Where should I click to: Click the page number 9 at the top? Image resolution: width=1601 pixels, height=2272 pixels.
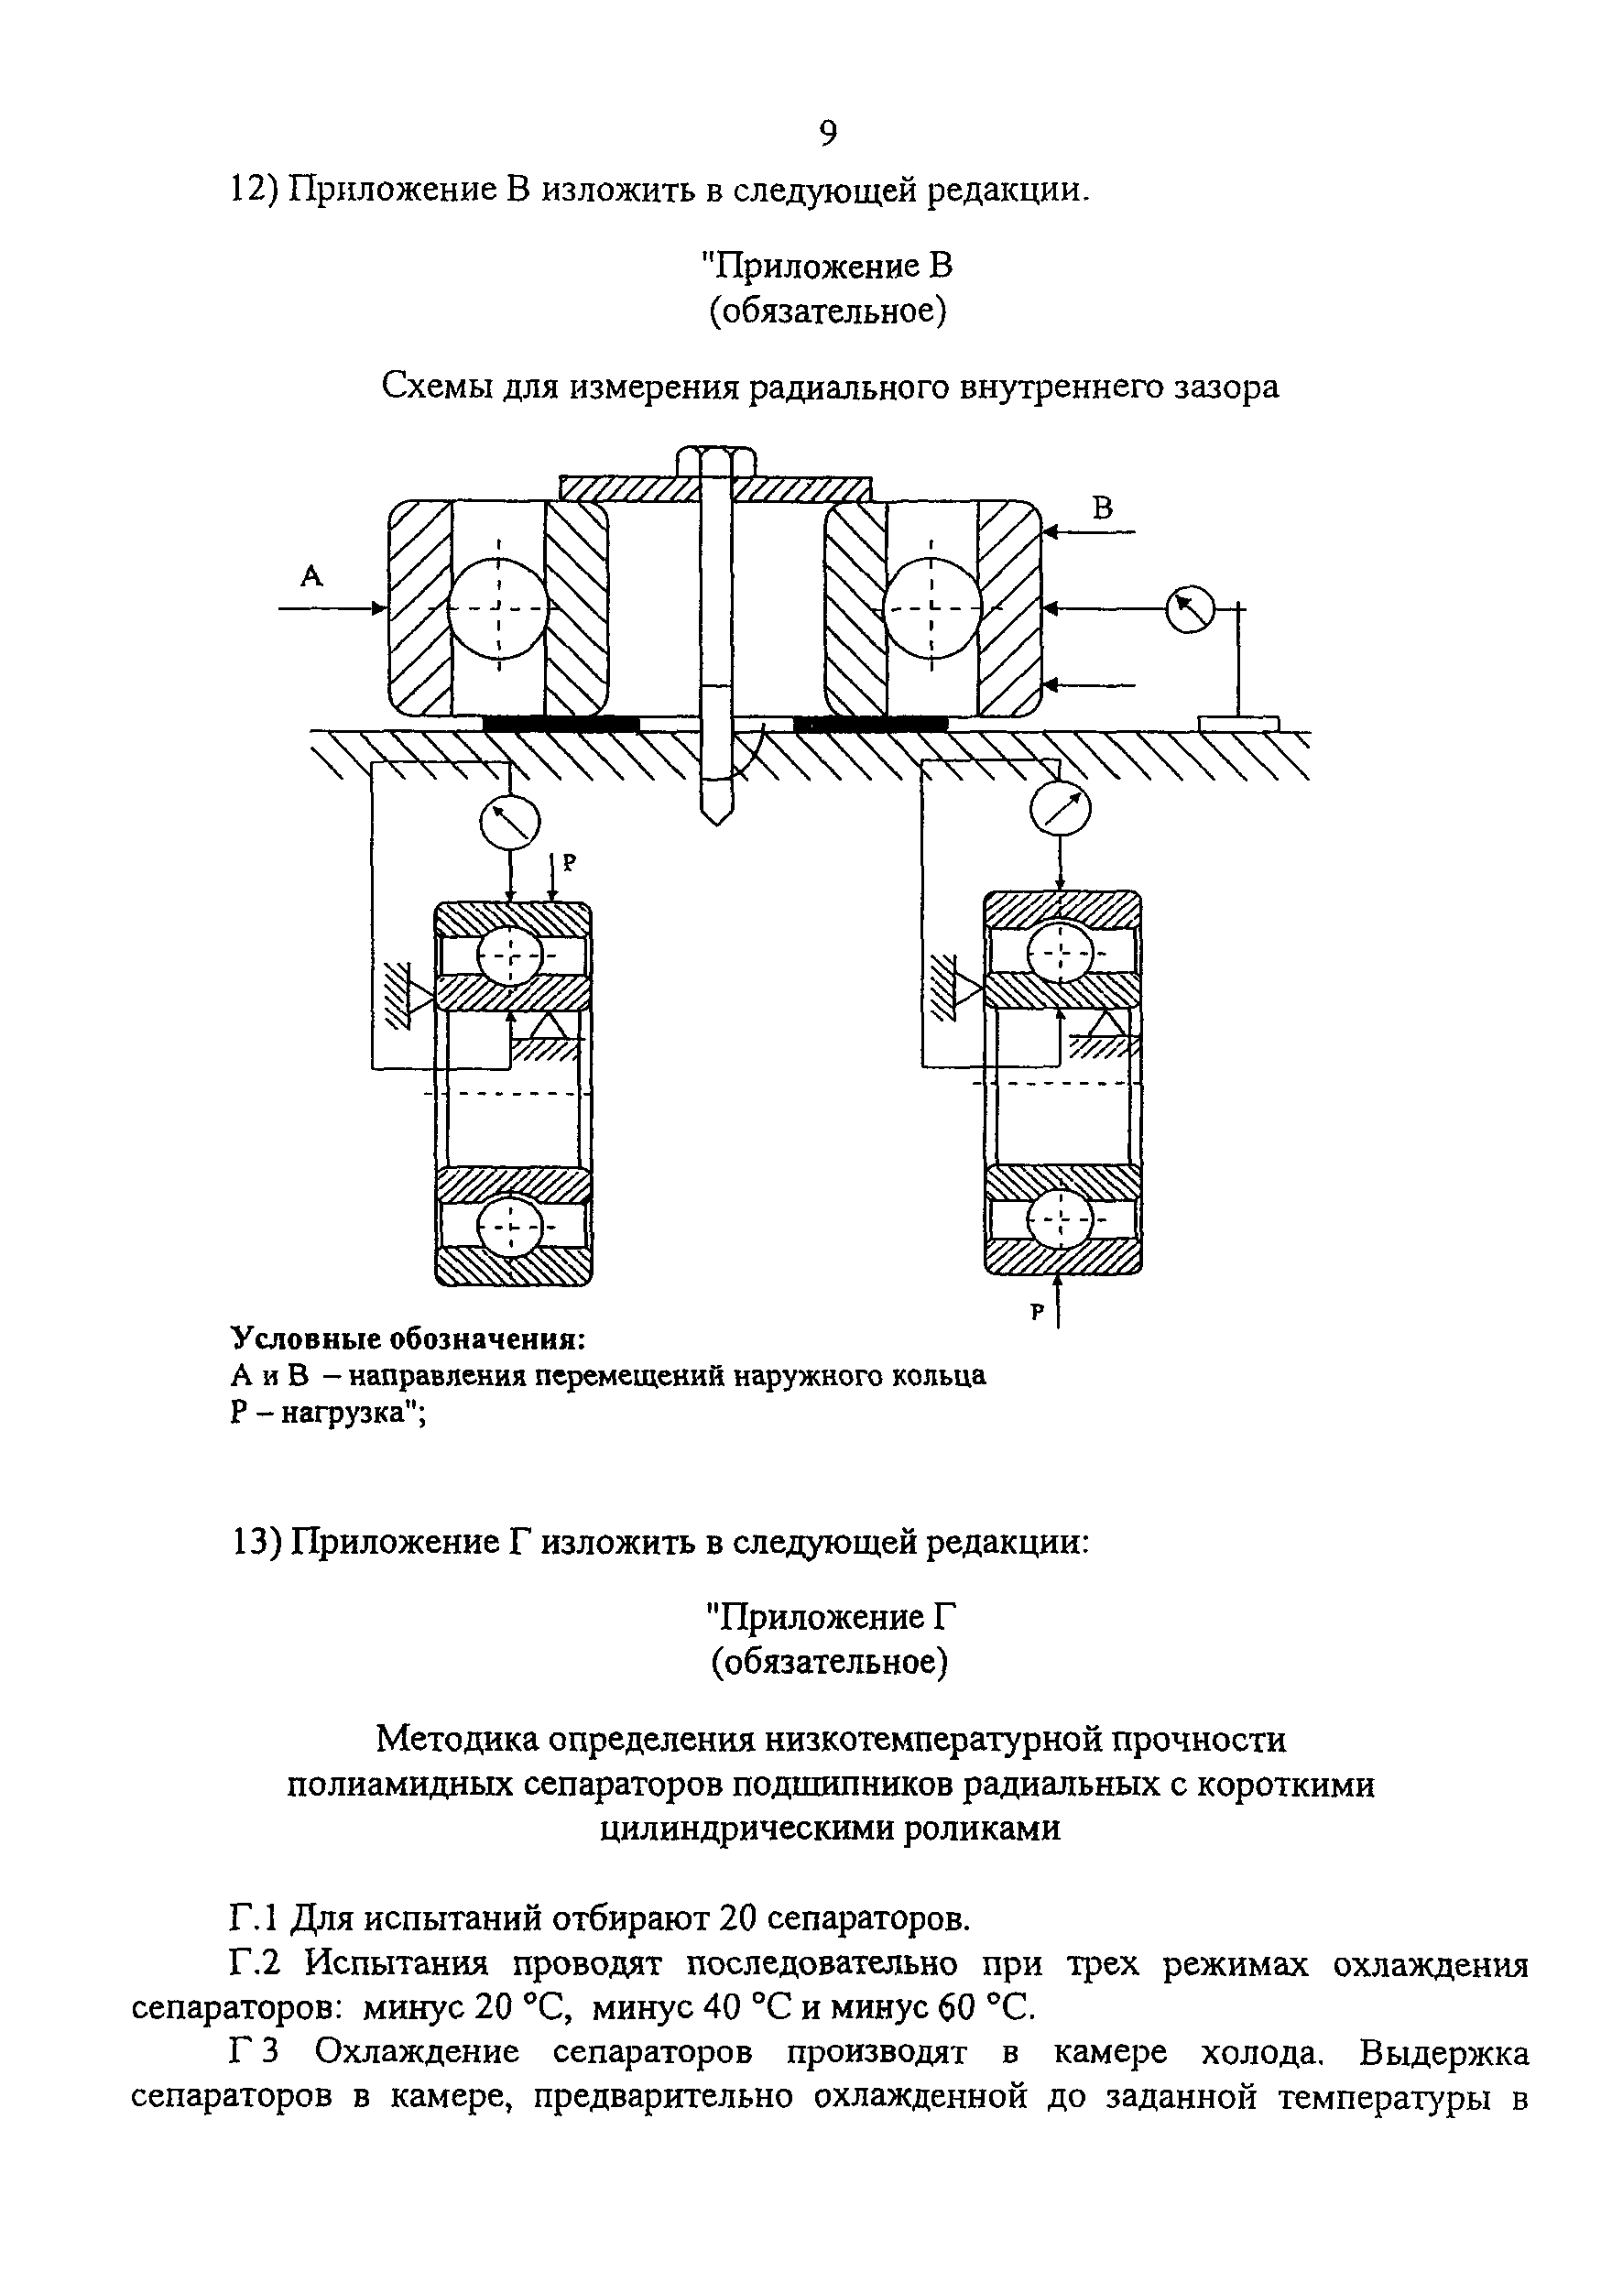[x=828, y=133]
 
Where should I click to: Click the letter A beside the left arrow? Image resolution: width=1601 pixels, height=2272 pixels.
[x=311, y=576]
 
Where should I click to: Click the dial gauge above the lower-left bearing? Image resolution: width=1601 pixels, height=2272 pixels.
[x=509, y=822]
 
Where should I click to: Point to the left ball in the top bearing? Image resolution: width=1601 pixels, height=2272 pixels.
[x=497, y=606]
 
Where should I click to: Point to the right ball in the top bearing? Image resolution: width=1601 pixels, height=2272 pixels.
[x=931, y=606]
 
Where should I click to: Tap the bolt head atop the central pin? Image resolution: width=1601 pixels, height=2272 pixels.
[x=716, y=462]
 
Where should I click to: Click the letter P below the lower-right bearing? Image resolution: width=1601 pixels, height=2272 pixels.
[x=1037, y=1313]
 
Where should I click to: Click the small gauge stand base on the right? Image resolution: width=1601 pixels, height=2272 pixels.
[x=1238, y=725]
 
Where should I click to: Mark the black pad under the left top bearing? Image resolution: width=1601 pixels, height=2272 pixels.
[x=561, y=725]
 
